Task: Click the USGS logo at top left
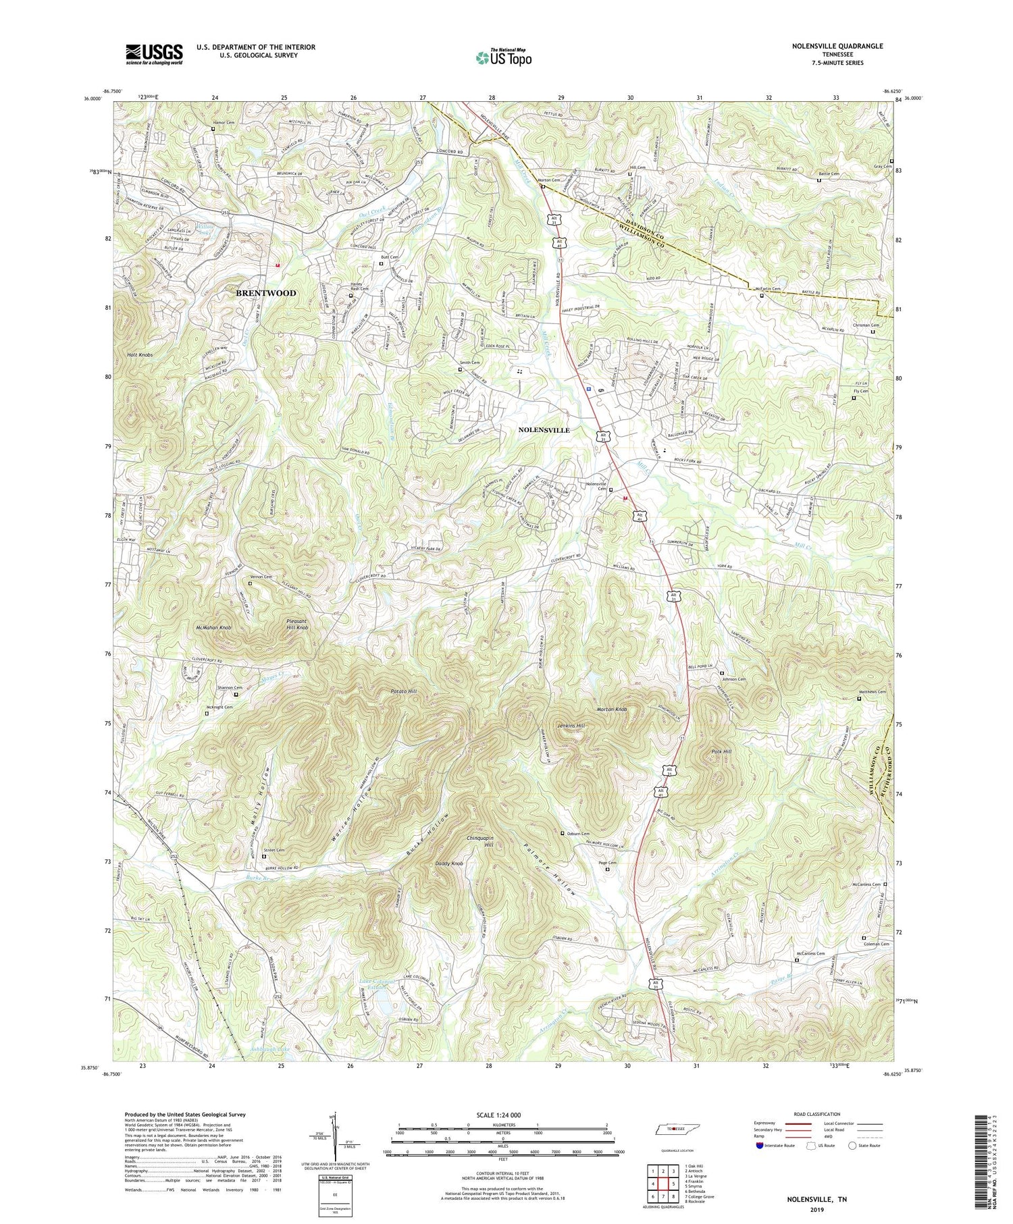click(x=153, y=54)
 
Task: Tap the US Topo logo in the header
click(x=503, y=57)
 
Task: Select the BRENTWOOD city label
click(x=265, y=293)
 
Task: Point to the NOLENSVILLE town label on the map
click(x=544, y=430)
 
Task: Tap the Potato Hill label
click(x=404, y=692)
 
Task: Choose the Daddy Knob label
click(x=449, y=863)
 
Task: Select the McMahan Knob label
click(x=213, y=628)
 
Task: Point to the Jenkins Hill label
click(x=571, y=725)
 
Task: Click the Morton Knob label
click(x=612, y=710)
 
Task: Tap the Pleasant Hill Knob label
click(x=292, y=624)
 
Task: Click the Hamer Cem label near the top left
click(x=223, y=123)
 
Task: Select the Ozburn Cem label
click(x=577, y=834)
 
